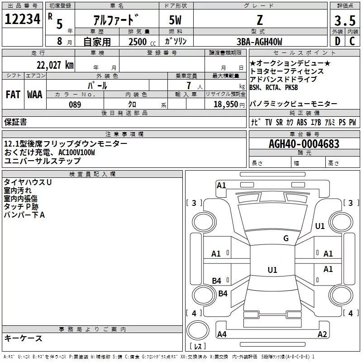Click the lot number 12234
click(23, 19)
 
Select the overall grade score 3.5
click(344, 20)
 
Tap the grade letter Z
click(259, 20)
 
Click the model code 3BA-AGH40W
click(259, 42)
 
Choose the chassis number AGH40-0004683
click(304, 144)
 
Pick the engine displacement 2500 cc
click(138, 42)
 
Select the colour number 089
click(75, 105)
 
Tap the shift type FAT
click(13, 95)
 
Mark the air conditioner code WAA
click(35, 95)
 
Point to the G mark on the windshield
click(286, 238)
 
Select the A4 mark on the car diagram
click(222, 334)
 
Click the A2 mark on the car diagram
click(322, 334)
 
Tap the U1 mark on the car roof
click(272, 270)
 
